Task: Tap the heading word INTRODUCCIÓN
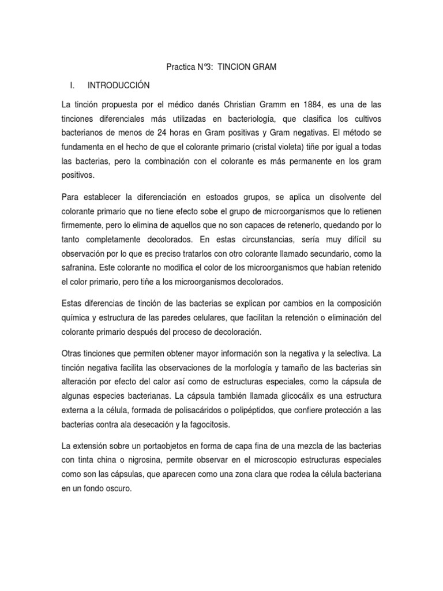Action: tap(118, 85)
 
